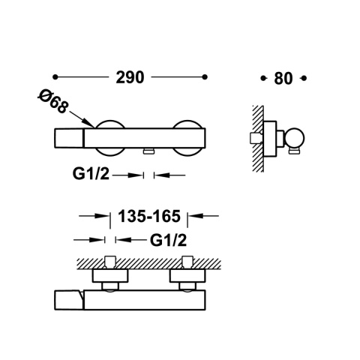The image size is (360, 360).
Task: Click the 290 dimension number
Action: tap(130, 77)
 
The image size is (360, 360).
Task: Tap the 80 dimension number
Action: tap(284, 77)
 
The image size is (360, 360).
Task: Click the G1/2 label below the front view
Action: tap(92, 175)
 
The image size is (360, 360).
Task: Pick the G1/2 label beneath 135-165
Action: tap(168, 240)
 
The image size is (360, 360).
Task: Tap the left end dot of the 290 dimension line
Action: tap(56, 77)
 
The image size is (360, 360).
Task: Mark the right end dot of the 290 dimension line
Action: tap(205, 77)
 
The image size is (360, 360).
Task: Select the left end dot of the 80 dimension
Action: tap(262, 77)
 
